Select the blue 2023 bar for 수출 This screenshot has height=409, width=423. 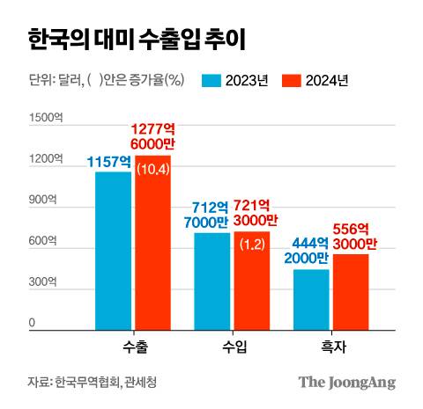[113, 251]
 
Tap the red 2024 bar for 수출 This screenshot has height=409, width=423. [152, 255]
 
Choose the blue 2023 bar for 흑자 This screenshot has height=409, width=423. [311, 300]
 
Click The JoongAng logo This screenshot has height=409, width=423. [345, 383]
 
